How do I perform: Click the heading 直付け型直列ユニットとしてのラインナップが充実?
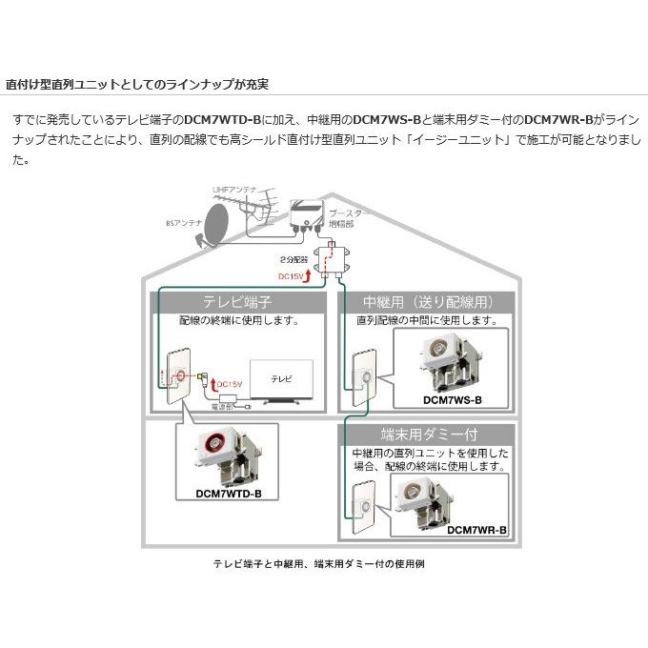point(136,84)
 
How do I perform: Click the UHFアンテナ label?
point(234,192)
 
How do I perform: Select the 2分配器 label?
point(294,259)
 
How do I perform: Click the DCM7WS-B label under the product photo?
point(451,401)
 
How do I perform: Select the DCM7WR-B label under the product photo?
point(476,530)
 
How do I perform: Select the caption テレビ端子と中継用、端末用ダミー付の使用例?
point(325,564)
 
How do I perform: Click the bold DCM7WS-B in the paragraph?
point(387,121)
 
